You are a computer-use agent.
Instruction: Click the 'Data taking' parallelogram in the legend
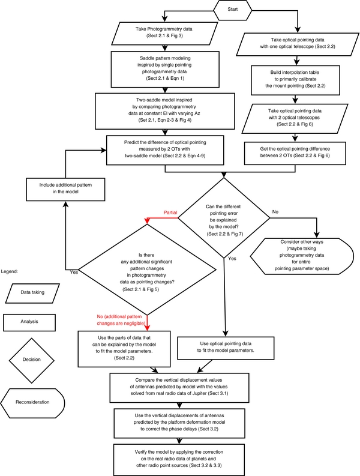pos(38,293)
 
